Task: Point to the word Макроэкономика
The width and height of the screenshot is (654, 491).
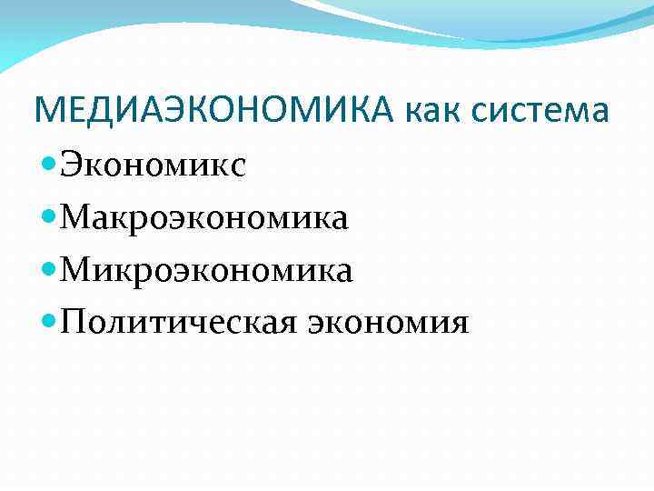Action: point(204,218)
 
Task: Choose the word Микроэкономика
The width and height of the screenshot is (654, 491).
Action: point(204,270)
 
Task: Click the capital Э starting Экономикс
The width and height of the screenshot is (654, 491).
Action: point(72,166)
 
